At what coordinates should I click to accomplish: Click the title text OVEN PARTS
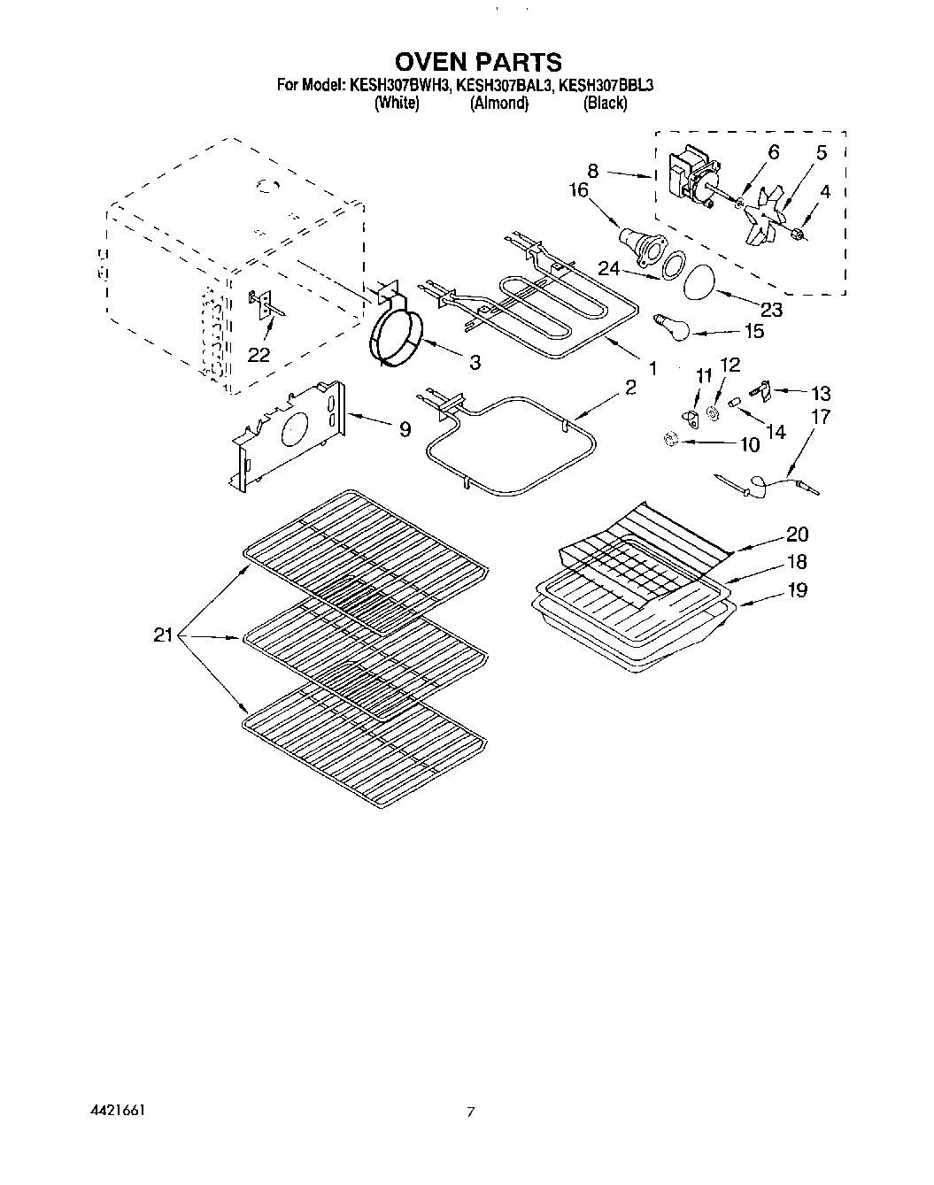[477, 62]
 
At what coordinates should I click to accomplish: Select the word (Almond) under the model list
[498, 103]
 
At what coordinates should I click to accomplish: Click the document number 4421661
[118, 1110]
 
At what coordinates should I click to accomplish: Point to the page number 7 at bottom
[471, 1112]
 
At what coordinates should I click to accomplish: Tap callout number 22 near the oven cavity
[259, 354]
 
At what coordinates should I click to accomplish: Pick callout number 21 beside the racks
[163, 635]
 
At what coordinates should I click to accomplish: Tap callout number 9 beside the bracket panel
[405, 429]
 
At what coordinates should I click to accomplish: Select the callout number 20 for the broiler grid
[796, 534]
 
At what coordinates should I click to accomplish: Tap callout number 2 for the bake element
[629, 388]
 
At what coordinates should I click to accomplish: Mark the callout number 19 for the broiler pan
[796, 589]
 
